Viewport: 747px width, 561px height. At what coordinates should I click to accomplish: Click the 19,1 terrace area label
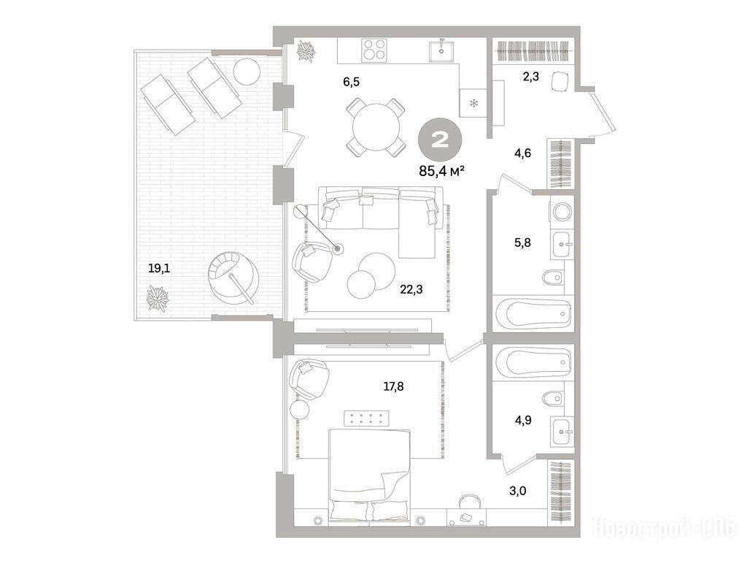pos(159,269)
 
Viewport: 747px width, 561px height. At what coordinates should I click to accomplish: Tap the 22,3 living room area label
pos(411,289)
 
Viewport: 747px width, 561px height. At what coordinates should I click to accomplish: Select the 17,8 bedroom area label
pos(393,386)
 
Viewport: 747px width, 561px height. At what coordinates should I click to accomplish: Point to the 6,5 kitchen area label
pos(352,82)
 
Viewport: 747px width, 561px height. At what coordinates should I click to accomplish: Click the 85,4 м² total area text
pos(441,171)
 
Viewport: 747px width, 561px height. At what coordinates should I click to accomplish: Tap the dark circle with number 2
pos(440,140)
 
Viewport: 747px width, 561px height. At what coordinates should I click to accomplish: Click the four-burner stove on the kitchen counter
pos(374,50)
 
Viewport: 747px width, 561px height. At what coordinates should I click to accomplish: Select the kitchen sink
pos(441,50)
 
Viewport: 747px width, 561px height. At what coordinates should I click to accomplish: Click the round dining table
pos(376,127)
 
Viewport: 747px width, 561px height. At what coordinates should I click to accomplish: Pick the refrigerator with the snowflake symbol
pos(473,102)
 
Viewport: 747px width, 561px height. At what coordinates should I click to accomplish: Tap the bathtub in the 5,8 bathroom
pos(533,313)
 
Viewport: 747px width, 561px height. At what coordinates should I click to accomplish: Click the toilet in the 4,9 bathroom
pos(554,398)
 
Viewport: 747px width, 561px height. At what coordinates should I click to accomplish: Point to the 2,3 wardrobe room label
pos(531,76)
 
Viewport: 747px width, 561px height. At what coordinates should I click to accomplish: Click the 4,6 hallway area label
pos(522,153)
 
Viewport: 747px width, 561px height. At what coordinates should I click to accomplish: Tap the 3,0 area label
pos(518,491)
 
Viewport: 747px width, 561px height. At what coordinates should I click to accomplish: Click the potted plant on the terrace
pos(158,299)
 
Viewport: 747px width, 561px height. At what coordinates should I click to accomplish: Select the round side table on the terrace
pos(247,71)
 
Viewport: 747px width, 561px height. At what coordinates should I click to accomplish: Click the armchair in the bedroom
pos(309,378)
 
